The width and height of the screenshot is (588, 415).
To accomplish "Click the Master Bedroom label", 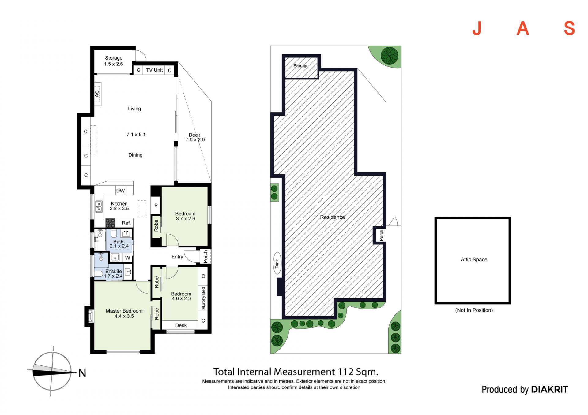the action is pyautogui.click(x=124, y=311).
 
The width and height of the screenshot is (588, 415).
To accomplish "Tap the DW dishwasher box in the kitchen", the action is pyautogui.click(x=120, y=191).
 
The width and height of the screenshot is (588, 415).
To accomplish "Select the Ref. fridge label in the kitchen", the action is pyautogui.click(x=126, y=223).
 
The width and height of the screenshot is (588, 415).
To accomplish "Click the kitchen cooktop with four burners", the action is pyautogui.click(x=110, y=223).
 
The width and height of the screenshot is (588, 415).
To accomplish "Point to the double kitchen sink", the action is pyautogui.click(x=99, y=206).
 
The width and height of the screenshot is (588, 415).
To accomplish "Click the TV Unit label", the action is pyautogui.click(x=154, y=70).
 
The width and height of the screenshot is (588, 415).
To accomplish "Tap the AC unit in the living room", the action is pyautogui.click(x=97, y=94).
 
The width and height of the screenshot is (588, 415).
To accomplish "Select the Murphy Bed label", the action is pyautogui.click(x=203, y=298).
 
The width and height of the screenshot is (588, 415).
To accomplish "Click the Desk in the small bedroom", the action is pyautogui.click(x=181, y=325).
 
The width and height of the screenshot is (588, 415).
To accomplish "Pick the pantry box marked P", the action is pyautogui.click(x=156, y=206).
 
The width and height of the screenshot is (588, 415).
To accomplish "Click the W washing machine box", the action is pyautogui.click(x=128, y=258).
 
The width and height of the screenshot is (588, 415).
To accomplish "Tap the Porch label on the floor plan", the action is pyautogui.click(x=205, y=257).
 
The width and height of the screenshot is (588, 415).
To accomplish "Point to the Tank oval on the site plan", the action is pyautogui.click(x=277, y=263).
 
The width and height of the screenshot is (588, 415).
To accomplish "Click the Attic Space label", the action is pyautogui.click(x=474, y=260).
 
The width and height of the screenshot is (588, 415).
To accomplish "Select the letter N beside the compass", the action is pyautogui.click(x=82, y=373).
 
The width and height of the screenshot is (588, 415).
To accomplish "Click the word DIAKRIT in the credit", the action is pyautogui.click(x=549, y=389).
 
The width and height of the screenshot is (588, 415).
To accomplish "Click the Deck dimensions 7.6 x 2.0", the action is pyautogui.click(x=195, y=140).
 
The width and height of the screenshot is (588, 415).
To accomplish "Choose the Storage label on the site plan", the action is pyautogui.click(x=301, y=66).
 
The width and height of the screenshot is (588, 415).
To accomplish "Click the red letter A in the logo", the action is pyautogui.click(x=523, y=28).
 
